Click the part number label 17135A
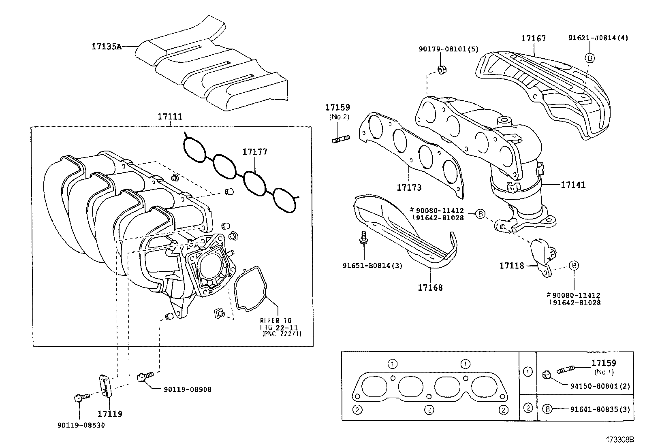point(106,47)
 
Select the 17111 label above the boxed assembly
point(170,117)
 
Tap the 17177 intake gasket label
point(255,152)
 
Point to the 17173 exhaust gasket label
point(409,187)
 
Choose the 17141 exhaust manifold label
point(573,185)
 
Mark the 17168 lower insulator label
point(430,287)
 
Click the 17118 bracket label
point(511,265)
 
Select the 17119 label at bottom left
point(110,414)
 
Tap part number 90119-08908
point(187,390)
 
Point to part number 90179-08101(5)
point(448,49)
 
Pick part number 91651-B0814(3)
point(372,266)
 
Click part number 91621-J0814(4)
point(598,38)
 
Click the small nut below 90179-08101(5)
point(442,70)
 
